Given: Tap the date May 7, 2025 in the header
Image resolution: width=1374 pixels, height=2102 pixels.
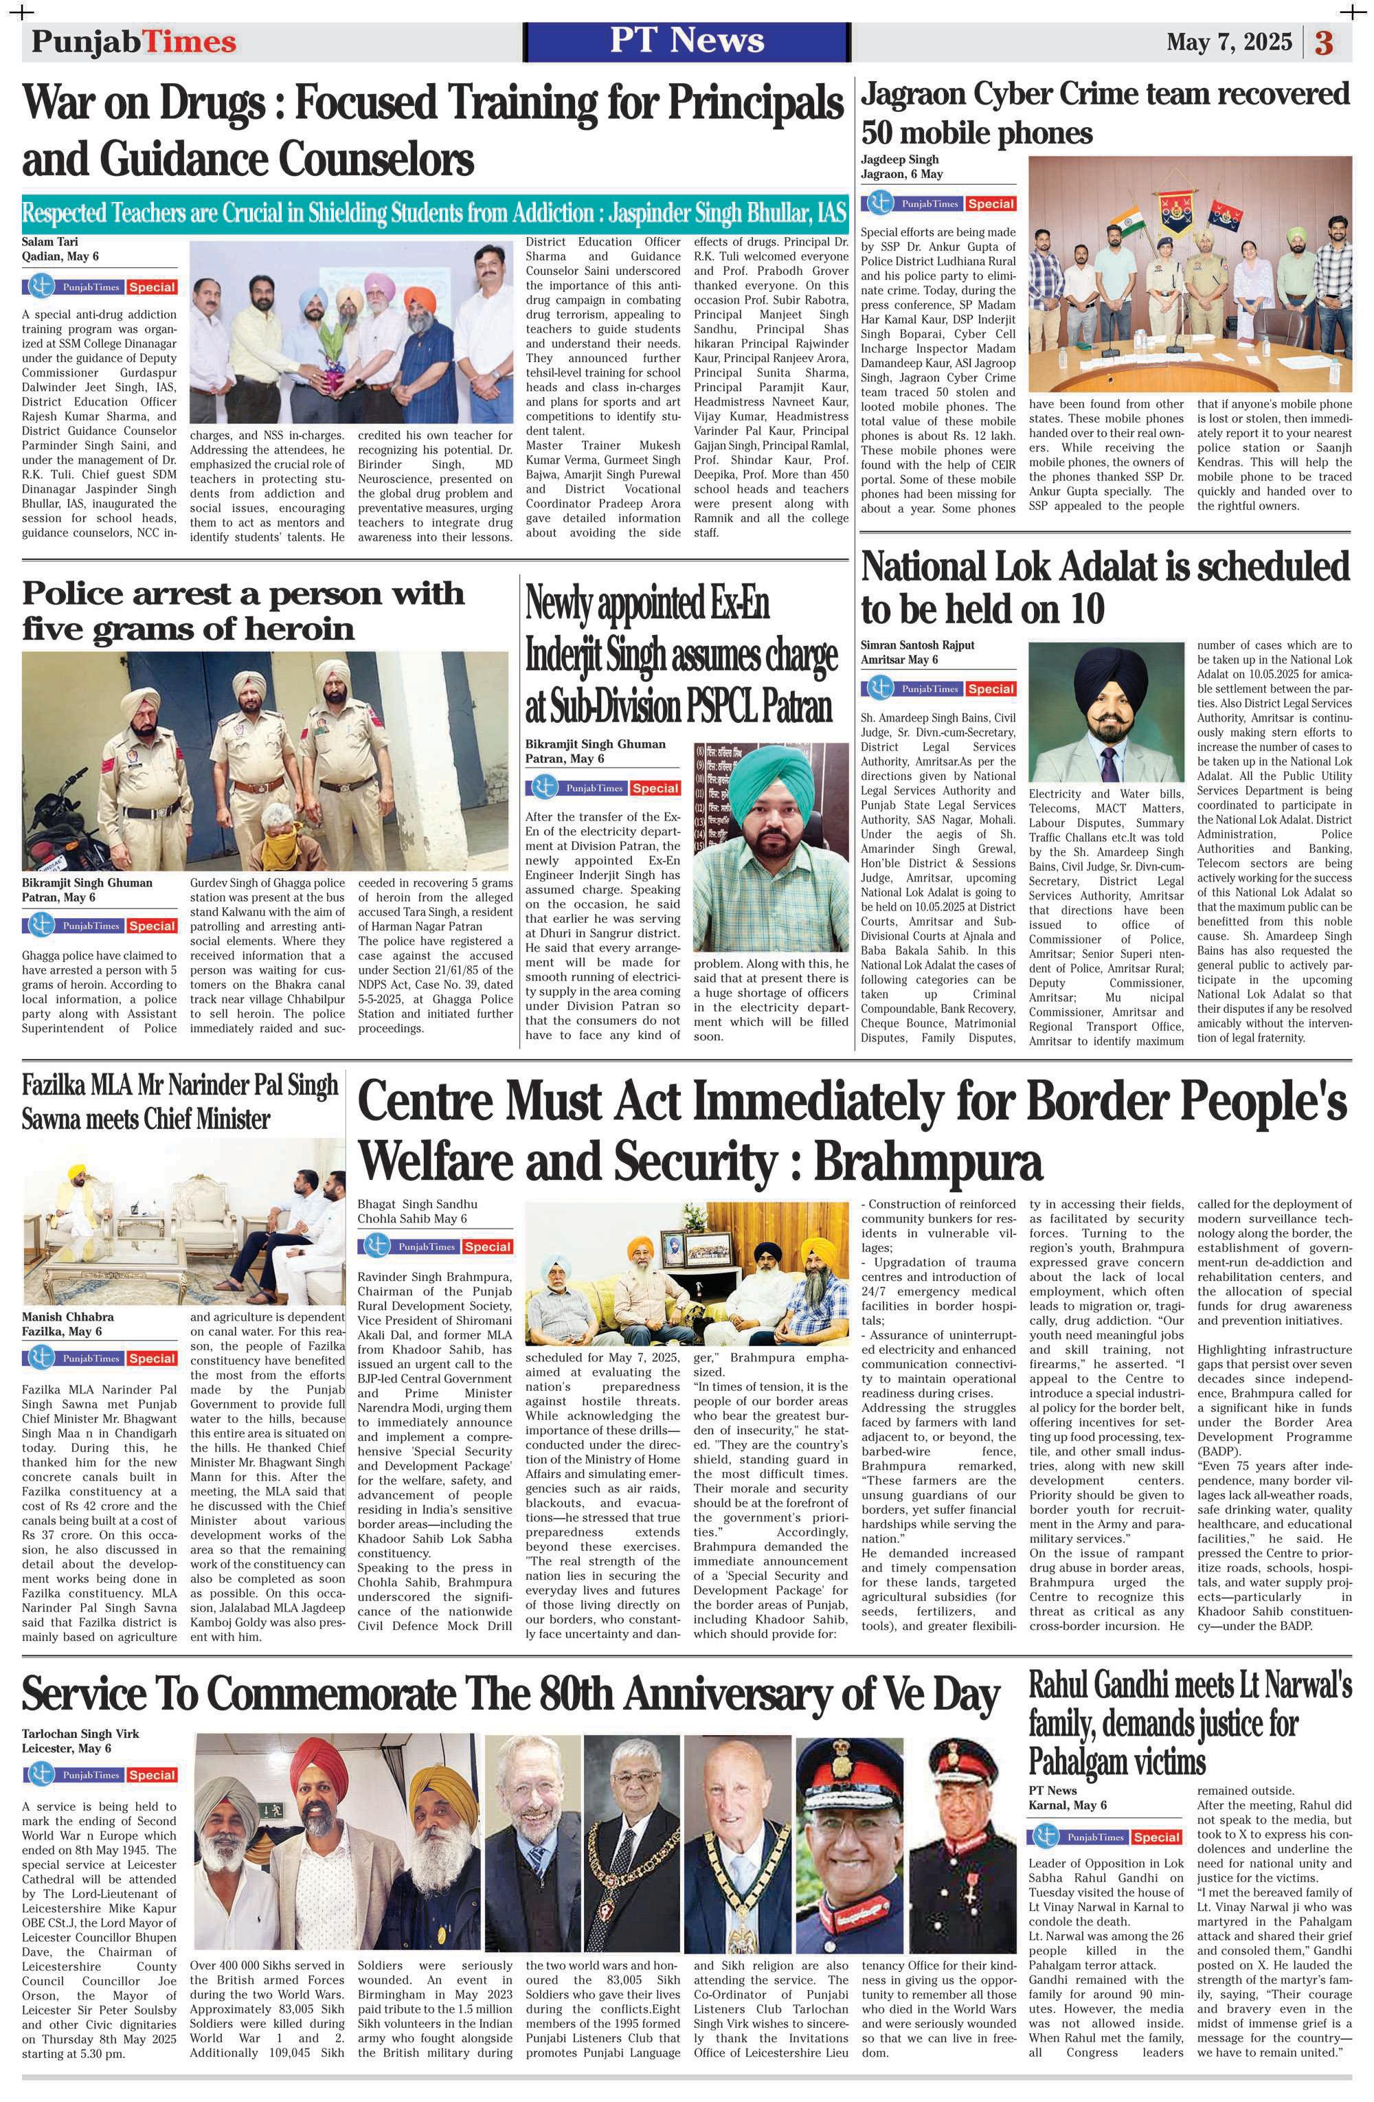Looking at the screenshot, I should [x=1228, y=41].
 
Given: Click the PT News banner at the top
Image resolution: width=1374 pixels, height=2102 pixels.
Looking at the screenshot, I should [x=686, y=41].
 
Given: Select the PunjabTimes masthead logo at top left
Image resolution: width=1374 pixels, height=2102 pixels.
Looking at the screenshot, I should [x=134, y=41].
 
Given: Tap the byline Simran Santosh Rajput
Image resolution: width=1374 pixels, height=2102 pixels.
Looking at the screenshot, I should [x=917, y=645].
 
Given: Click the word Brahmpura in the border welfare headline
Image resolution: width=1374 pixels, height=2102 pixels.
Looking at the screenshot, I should [x=927, y=1160].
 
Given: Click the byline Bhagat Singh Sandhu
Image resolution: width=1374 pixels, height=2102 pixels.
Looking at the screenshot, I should [x=417, y=1204].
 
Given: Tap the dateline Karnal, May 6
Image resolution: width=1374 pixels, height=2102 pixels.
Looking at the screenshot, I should [x=1067, y=1804].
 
